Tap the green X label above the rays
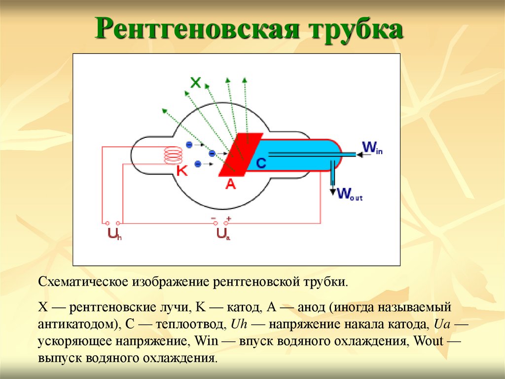point(195,83)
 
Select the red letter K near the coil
point(182,170)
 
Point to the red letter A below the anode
point(231,184)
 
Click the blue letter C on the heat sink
point(261,163)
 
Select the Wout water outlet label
point(350,194)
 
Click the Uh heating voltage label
point(114,234)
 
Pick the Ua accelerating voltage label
point(223,234)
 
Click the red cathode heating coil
point(173,155)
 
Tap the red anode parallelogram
point(240,155)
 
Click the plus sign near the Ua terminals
point(228,218)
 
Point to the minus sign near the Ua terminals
point(214,218)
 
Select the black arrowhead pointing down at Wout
point(333,191)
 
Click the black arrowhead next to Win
point(360,155)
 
